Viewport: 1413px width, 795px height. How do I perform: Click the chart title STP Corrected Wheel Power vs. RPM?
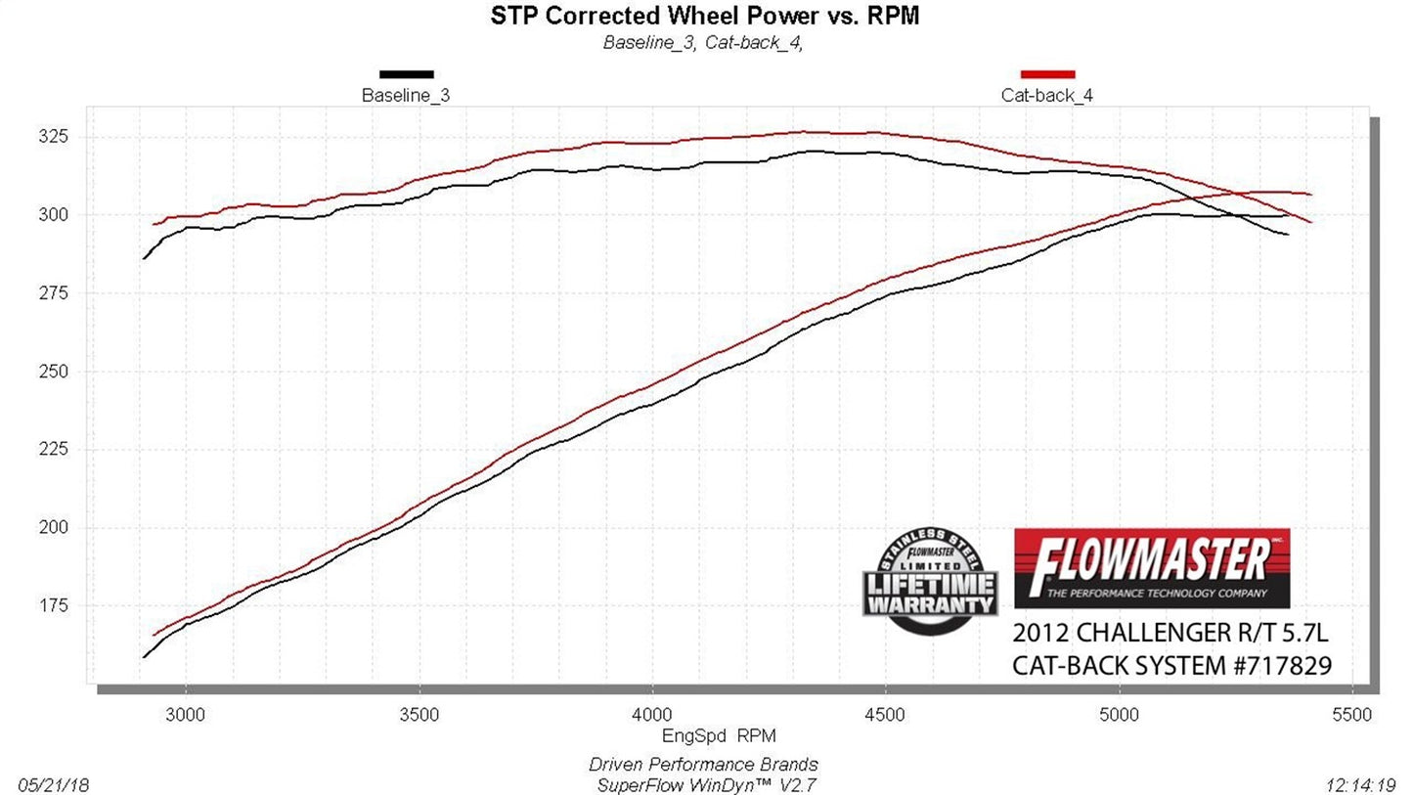click(703, 16)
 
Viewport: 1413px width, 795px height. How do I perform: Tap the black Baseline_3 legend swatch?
click(406, 74)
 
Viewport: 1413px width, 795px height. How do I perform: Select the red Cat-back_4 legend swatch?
click(1047, 74)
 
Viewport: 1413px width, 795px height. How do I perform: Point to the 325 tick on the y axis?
click(55, 136)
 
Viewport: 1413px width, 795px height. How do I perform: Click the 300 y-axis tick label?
click(55, 214)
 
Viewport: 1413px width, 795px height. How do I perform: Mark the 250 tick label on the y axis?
click(55, 371)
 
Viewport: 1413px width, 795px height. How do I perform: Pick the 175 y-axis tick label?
click(55, 605)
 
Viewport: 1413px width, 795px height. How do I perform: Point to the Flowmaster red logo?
click(1152, 568)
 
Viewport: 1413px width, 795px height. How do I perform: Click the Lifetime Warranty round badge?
click(930, 581)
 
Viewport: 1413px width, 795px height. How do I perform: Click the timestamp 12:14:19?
click(1361, 784)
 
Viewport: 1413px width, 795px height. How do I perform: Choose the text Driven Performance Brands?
click(703, 765)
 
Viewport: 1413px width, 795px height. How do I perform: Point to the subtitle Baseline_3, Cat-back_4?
click(703, 42)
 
